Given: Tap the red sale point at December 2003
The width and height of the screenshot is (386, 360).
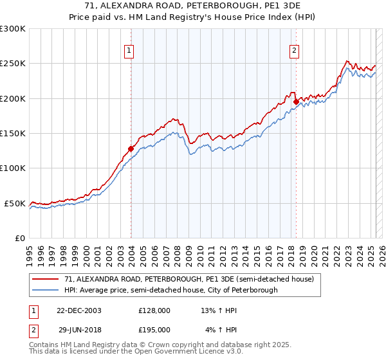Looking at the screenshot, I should click(131, 148).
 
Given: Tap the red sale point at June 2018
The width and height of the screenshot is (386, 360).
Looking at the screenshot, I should click(296, 102).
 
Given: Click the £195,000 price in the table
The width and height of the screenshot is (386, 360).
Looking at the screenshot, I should click(154, 330).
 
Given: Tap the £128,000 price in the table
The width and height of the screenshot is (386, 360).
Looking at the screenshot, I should click(154, 310).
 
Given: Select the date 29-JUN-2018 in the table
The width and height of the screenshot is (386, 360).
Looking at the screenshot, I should click(78, 330).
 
